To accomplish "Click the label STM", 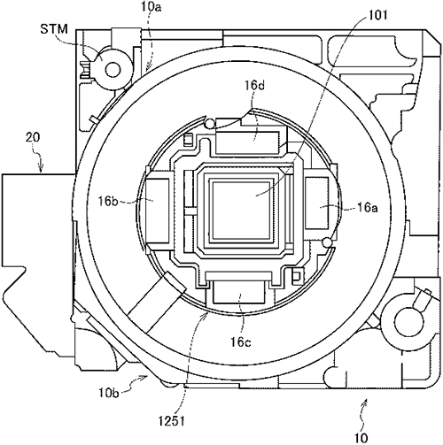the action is click(x=54, y=29).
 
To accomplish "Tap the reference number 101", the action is click(x=377, y=15).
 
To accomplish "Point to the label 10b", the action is click(x=109, y=393).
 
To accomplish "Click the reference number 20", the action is click(x=33, y=137).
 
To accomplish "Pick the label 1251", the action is click(x=171, y=421).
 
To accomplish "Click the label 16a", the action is click(x=368, y=208).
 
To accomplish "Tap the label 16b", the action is click(x=108, y=202).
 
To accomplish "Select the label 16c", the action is click(x=241, y=342).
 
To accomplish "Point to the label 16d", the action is click(x=254, y=86).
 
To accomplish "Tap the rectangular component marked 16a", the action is click(x=316, y=203).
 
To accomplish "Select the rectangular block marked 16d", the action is click(x=247, y=142).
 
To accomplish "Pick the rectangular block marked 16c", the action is click(x=238, y=292).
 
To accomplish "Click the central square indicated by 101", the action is click(x=241, y=211).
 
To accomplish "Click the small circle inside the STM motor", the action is click(x=113, y=70).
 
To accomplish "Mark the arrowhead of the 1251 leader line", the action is click(x=206, y=315).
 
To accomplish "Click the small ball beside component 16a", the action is click(x=327, y=242).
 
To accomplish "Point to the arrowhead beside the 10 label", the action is click(x=365, y=401).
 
